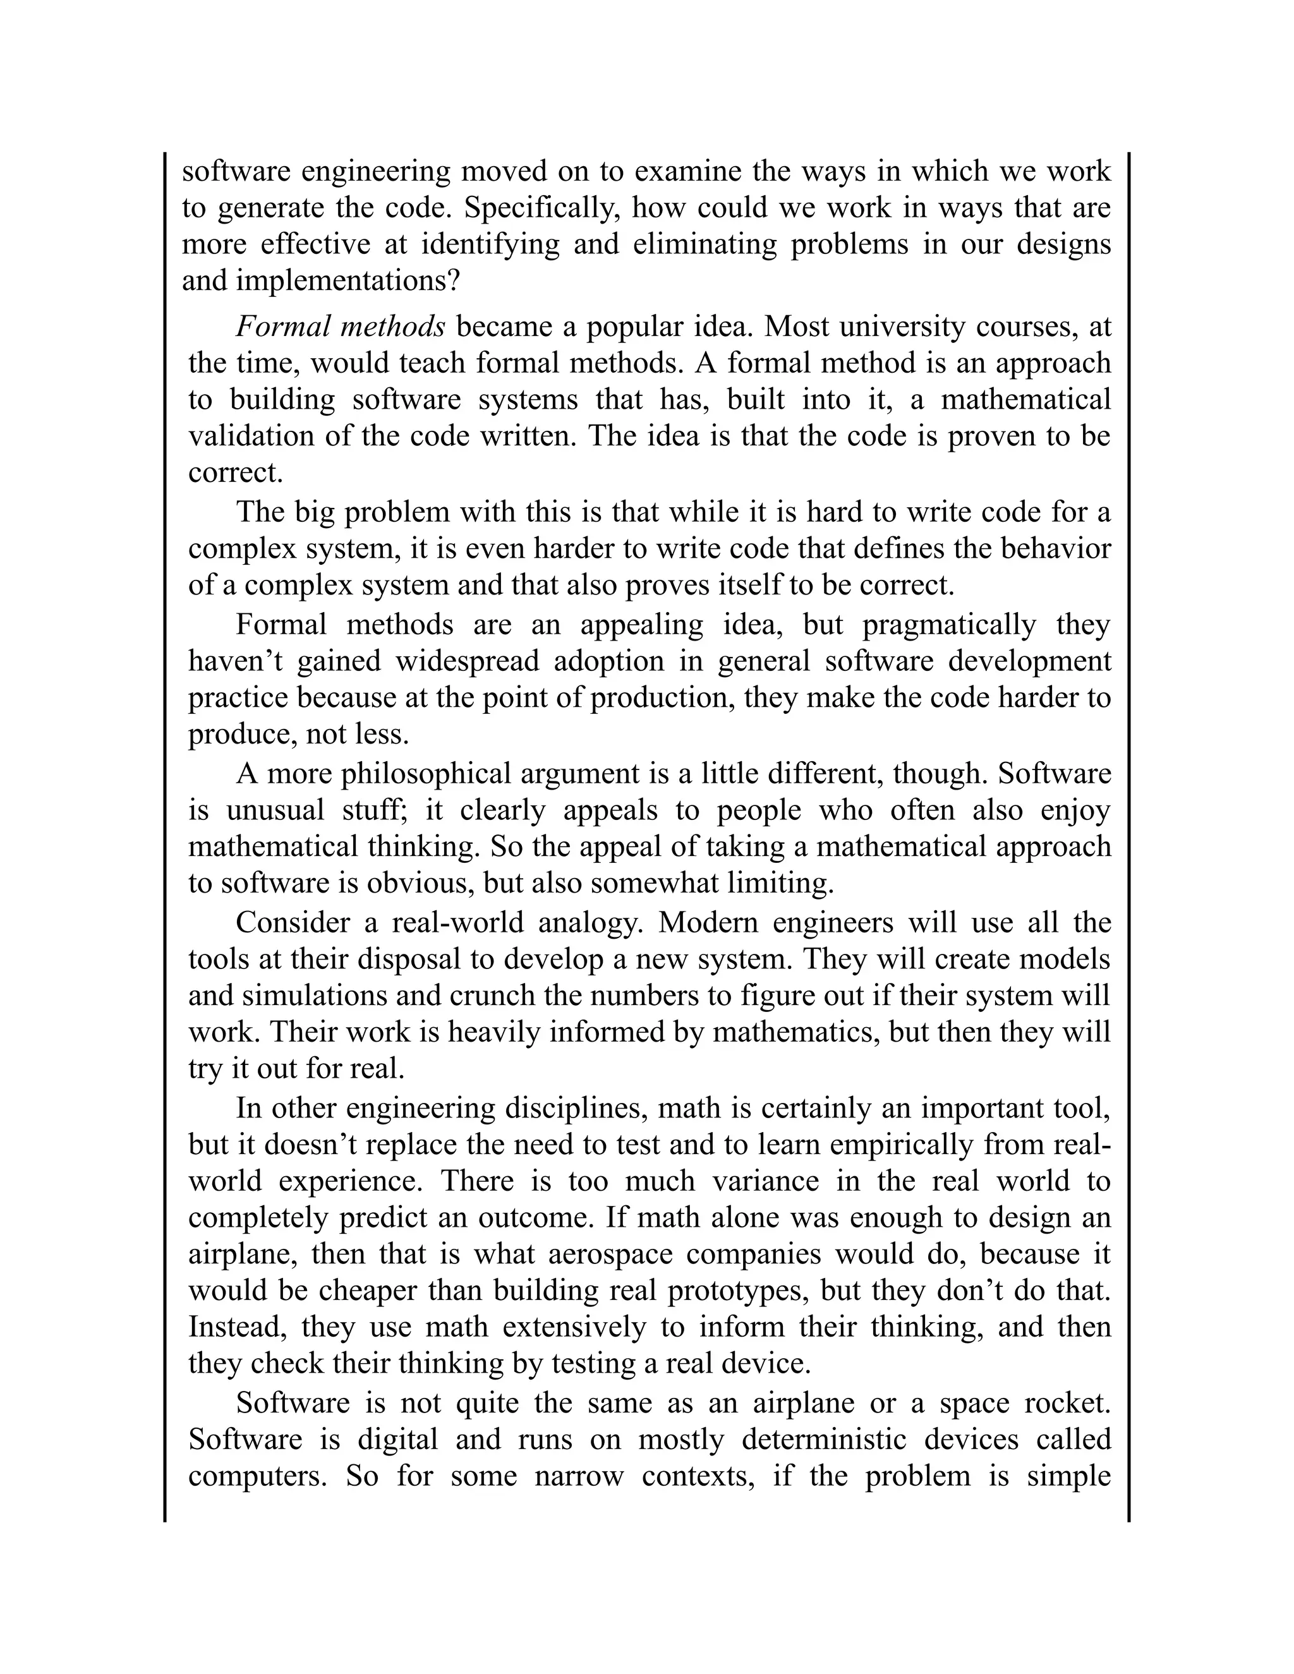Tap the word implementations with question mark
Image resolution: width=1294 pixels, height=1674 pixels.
[348, 281]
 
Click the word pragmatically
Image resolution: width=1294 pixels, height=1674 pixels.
[949, 625]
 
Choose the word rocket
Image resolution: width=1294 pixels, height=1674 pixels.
[1067, 1404]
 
